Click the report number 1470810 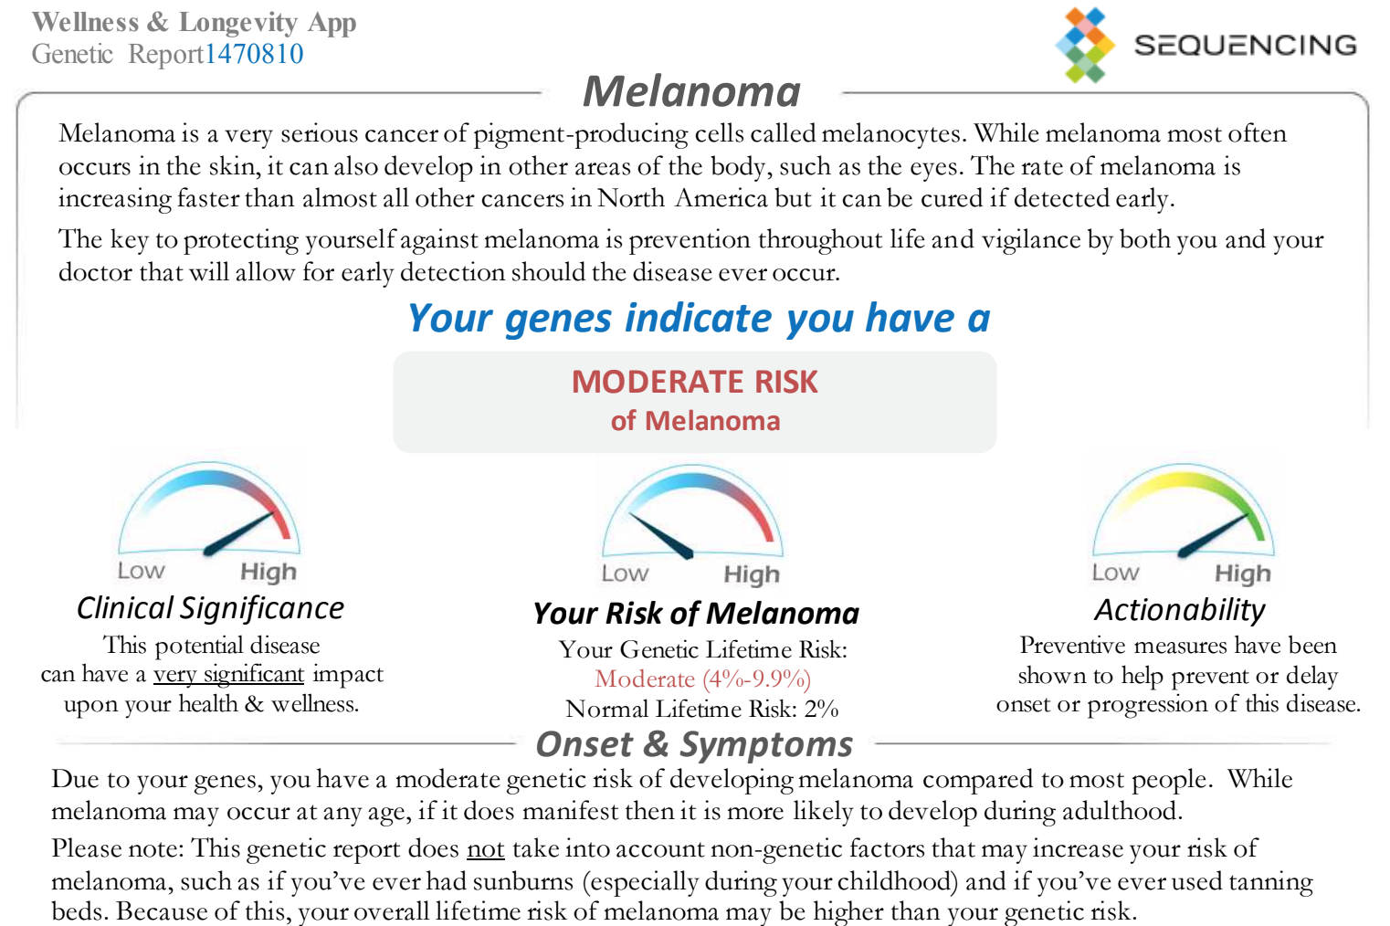pyautogui.click(x=254, y=54)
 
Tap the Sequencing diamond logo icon pyautogui.click(x=1085, y=45)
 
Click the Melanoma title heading pyautogui.click(x=691, y=91)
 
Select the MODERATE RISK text pyautogui.click(x=695, y=381)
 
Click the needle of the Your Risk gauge pyautogui.click(x=661, y=536)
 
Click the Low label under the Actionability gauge pyautogui.click(x=1115, y=573)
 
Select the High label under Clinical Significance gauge pyautogui.click(x=269, y=572)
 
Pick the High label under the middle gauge pyautogui.click(x=752, y=574)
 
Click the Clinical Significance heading pyautogui.click(x=210, y=607)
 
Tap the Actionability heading pyautogui.click(x=1180, y=609)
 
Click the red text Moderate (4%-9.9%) pyautogui.click(x=702, y=679)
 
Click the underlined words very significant pyautogui.click(x=229, y=674)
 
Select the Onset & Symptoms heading pyautogui.click(x=694, y=743)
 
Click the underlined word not pyautogui.click(x=485, y=847)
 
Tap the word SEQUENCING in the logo pyautogui.click(x=1246, y=46)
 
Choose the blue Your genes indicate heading pyautogui.click(x=699, y=318)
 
